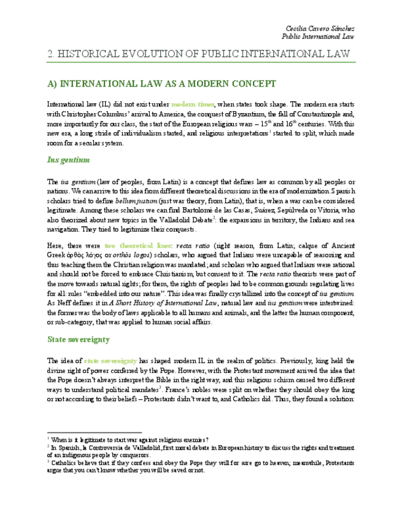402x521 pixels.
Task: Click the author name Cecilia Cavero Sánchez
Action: coord(320,29)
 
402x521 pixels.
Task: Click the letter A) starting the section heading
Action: coord(52,84)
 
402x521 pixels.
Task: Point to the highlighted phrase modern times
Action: coord(193,104)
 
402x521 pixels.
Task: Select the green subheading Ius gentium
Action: coord(68,160)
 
